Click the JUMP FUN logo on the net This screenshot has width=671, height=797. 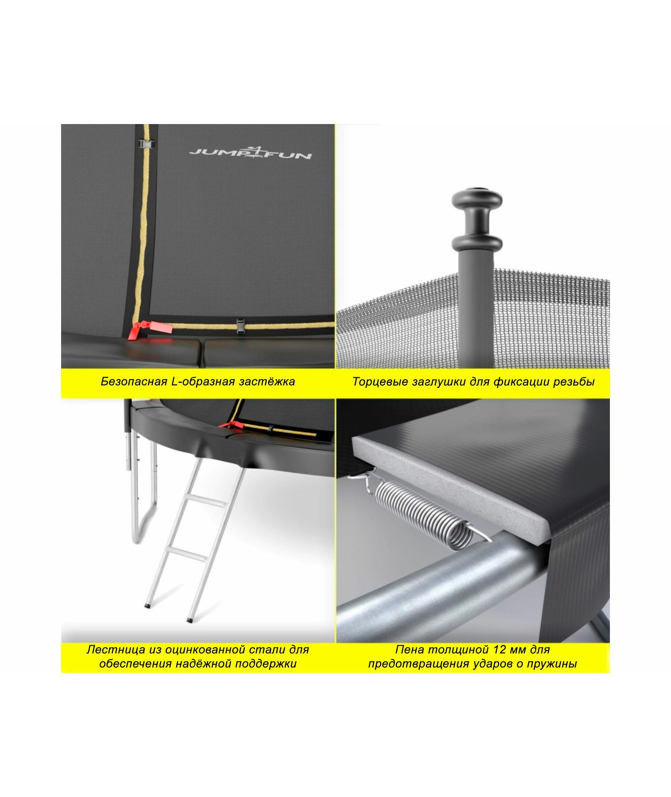click(x=251, y=153)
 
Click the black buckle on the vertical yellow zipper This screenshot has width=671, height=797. click(x=146, y=145)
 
